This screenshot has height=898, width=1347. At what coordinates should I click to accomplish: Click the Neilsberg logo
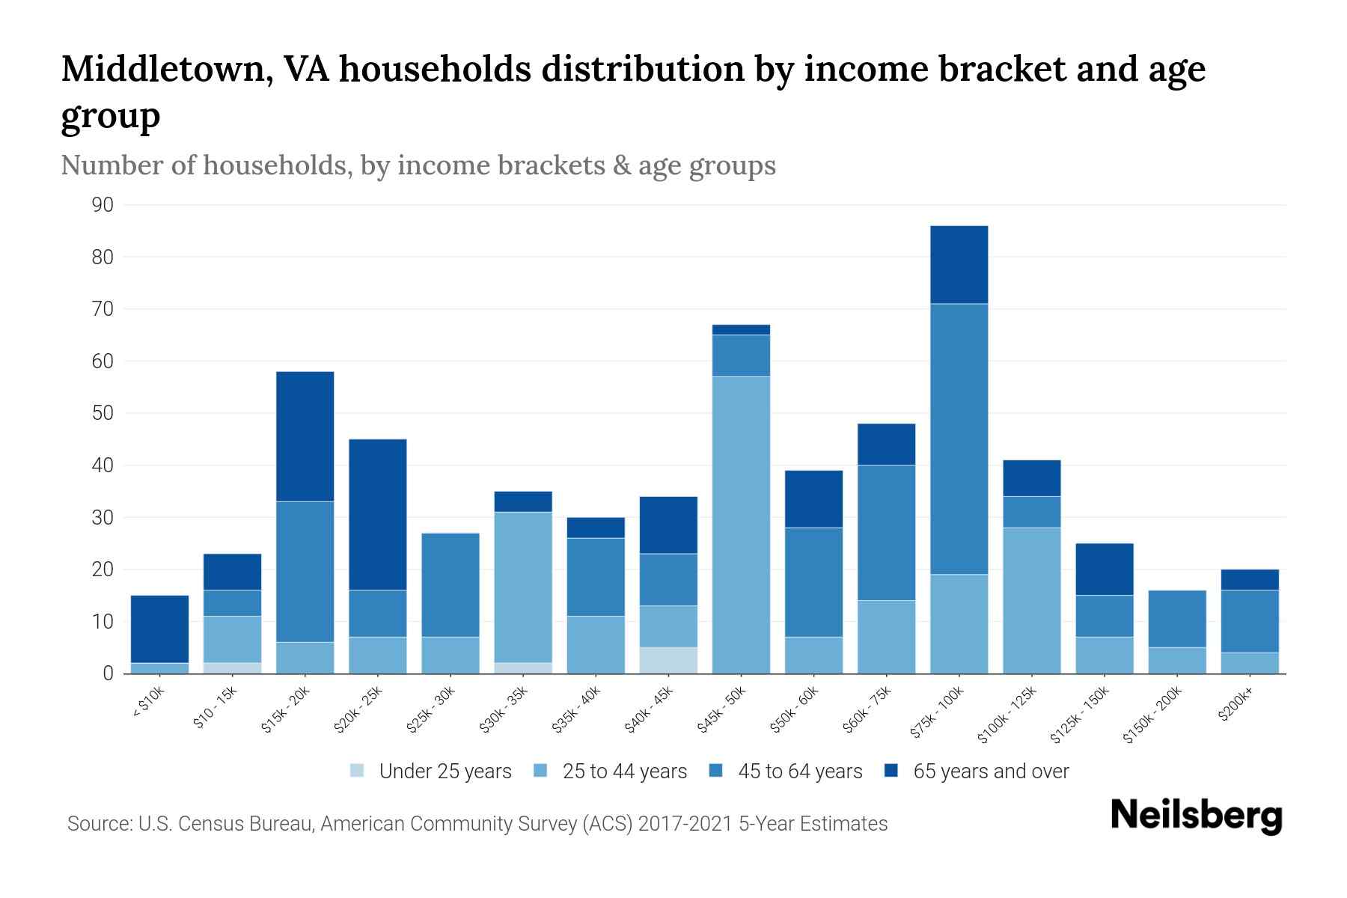(x=1196, y=816)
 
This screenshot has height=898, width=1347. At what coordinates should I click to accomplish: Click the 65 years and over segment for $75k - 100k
(x=959, y=264)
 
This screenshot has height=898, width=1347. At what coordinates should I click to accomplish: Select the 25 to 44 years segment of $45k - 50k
(x=741, y=524)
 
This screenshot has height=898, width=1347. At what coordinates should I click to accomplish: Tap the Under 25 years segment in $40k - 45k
(x=668, y=660)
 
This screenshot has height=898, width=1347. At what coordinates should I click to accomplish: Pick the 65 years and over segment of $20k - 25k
(x=378, y=514)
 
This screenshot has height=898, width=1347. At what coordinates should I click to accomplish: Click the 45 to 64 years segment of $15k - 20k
(x=305, y=572)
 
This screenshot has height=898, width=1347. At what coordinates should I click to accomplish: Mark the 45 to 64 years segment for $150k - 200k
(x=1177, y=619)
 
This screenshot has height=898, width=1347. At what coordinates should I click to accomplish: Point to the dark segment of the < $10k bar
(x=159, y=629)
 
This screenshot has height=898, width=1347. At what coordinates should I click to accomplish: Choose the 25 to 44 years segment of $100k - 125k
(x=1031, y=600)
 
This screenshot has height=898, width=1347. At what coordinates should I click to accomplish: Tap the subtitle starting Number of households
(x=418, y=165)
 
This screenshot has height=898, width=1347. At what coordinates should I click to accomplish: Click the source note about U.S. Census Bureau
(x=477, y=824)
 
